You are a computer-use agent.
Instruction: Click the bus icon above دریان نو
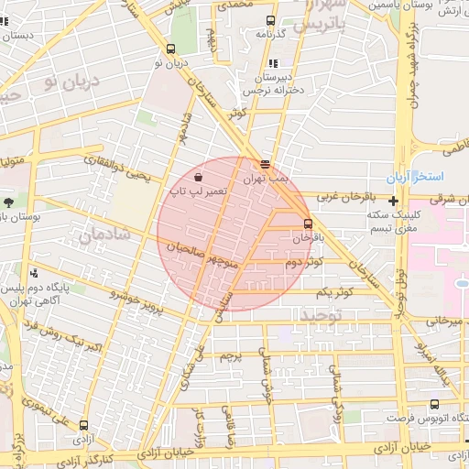point(171,49)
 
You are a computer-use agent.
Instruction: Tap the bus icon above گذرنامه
point(269,20)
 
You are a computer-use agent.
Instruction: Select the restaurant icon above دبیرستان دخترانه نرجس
point(273,64)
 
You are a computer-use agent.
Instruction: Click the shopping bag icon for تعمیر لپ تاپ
point(199,177)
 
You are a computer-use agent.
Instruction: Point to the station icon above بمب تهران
point(265,165)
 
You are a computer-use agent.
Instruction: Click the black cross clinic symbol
point(393,201)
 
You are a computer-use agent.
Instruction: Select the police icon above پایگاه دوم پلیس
point(35,272)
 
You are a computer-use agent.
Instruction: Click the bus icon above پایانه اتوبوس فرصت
point(433,404)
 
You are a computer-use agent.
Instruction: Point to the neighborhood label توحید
point(321,314)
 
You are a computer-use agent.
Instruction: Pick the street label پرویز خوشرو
point(136,301)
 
